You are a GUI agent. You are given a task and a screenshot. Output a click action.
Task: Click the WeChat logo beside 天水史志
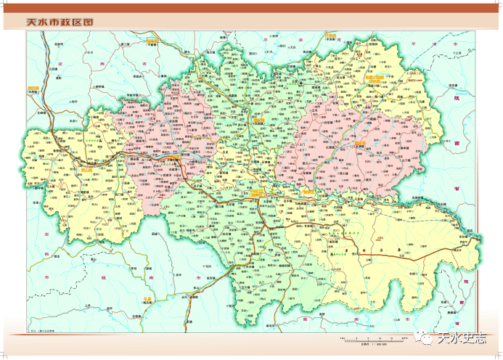[x=424, y=337]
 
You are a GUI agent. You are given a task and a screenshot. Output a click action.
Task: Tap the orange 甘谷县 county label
[x=174, y=155]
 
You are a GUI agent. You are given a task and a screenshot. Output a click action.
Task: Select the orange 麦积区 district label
[x=311, y=192]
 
